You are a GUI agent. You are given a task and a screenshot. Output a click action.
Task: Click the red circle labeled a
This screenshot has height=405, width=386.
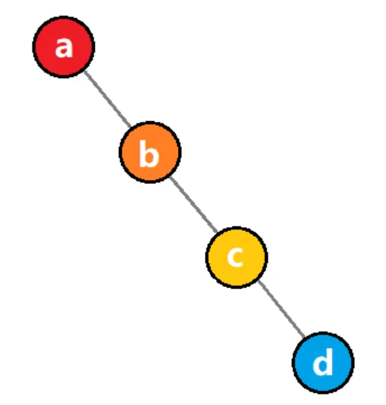click(64, 47)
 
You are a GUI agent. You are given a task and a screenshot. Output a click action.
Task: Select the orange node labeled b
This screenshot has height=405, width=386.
click(150, 152)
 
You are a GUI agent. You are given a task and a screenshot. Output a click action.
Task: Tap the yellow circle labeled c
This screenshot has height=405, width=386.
click(236, 257)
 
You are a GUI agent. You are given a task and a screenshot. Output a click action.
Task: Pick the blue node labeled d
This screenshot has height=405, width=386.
click(323, 362)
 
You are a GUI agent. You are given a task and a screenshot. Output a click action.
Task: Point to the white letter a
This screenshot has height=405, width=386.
click(64, 47)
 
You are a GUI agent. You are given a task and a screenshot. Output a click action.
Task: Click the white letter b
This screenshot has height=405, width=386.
click(149, 154)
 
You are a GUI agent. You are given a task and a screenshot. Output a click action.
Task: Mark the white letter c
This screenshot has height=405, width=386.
click(235, 257)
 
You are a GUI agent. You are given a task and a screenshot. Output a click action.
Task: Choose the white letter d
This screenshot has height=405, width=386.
click(322, 362)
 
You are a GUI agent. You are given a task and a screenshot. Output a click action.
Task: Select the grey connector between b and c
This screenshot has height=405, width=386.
click(194, 204)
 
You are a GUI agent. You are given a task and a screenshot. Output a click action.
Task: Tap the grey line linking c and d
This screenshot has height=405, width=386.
click(281, 309)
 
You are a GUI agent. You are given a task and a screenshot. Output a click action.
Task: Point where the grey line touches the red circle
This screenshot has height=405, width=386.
click(85, 71)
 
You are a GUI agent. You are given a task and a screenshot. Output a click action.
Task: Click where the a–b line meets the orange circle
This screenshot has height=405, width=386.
click(130, 127)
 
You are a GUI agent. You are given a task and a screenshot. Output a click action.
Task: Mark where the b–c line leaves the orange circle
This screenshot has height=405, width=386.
click(170, 176)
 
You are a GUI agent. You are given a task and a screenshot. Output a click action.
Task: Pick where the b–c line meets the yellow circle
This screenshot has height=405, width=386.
click(217, 232)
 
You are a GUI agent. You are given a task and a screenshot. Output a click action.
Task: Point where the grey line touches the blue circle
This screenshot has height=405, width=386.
click(304, 337)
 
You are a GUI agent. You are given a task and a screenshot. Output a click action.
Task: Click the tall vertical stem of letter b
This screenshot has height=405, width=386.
click(142, 154)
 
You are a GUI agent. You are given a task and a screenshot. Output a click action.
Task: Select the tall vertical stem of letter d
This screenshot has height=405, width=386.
click(330, 362)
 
